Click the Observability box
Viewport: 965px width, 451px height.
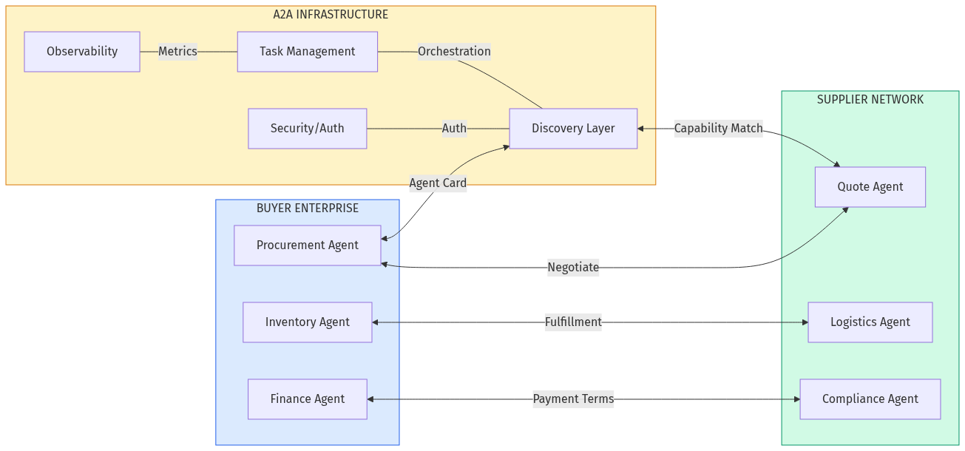(x=82, y=52)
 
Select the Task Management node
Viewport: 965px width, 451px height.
(x=307, y=52)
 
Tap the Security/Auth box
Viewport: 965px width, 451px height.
(x=307, y=129)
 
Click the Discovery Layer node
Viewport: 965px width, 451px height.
(x=573, y=129)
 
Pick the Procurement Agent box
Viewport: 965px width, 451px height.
(x=307, y=245)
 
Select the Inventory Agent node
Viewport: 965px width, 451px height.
(x=307, y=322)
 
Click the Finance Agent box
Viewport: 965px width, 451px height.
(x=307, y=399)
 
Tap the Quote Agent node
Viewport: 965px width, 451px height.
(x=870, y=187)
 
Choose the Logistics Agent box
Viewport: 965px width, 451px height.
(x=870, y=322)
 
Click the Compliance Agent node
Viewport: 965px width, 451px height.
(x=870, y=399)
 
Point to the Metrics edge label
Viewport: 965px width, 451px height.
(x=177, y=52)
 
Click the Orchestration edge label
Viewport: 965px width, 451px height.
(x=454, y=52)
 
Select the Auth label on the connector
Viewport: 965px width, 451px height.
(x=454, y=129)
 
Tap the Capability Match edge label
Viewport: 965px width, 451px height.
(x=718, y=129)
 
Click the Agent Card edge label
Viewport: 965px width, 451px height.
(x=438, y=183)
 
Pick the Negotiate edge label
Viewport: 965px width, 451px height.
(x=573, y=268)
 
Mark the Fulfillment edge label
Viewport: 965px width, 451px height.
(x=573, y=322)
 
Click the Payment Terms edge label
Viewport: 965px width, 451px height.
(x=573, y=399)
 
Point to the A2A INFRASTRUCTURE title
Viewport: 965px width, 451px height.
(x=331, y=15)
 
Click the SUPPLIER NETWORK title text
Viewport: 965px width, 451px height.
(x=870, y=100)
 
